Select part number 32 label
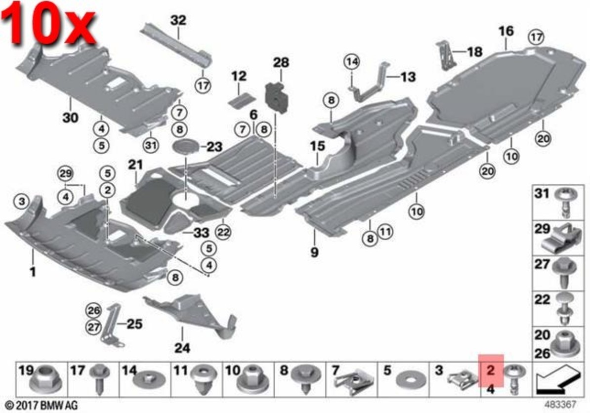click(x=178, y=21)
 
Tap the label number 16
click(x=506, y=31)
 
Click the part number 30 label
click(x=71, y=118)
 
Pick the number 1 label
click(x=33, y=271)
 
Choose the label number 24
click(x=182, y=348)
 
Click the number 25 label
click(x=134, y=324)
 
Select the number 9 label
click(x=315, y=252)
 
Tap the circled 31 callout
click(x=150, y=145)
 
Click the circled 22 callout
click(x=224, y=232)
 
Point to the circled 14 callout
click(x=351, y=62)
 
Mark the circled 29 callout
click(x=65, y=173)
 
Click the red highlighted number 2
click(x=491, y=370)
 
